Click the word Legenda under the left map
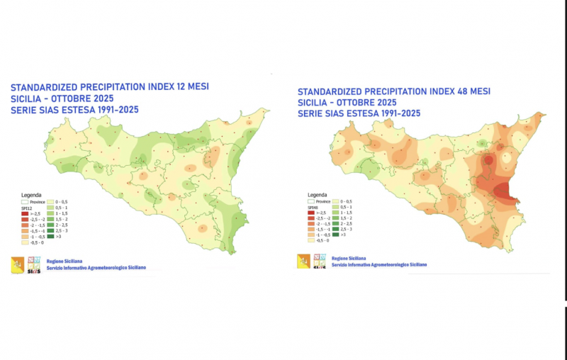click(32, 195)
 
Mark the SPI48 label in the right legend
click(313, 206)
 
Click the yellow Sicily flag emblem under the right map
click(303, 261)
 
